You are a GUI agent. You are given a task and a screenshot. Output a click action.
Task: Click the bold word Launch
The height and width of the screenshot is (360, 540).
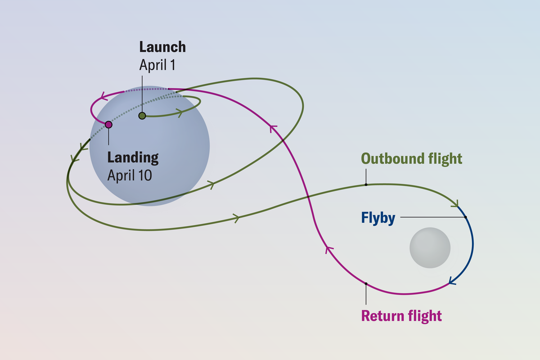point(162,47)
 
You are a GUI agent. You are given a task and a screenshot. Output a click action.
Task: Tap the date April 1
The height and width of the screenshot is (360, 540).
point(157,65)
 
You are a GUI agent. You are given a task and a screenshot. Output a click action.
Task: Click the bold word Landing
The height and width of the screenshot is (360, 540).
point(133,157)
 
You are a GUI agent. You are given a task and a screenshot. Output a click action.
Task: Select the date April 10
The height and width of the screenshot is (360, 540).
point(130,175)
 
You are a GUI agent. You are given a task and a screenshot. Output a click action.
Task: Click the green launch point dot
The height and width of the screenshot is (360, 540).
point(142,116)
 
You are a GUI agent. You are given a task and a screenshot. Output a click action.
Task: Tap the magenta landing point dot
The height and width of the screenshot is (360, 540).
point(108,125)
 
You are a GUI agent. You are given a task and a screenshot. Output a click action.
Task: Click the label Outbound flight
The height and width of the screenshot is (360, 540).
point(411,158)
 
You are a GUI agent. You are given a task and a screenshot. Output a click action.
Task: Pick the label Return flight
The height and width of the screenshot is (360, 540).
point(401,315)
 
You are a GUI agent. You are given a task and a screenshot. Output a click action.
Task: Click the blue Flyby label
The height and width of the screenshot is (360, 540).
point(378,218)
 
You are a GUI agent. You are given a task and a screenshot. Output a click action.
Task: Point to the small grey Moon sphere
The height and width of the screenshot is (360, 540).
point(430,248)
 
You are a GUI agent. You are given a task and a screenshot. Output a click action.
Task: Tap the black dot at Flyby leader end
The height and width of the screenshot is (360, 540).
point(466,217)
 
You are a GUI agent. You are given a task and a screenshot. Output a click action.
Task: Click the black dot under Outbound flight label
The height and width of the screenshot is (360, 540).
point(366,184)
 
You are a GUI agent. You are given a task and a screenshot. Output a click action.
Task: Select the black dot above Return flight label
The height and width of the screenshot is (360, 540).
point(366,283)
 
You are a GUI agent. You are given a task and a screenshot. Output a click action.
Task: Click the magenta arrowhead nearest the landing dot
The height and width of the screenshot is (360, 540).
point(103,95)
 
